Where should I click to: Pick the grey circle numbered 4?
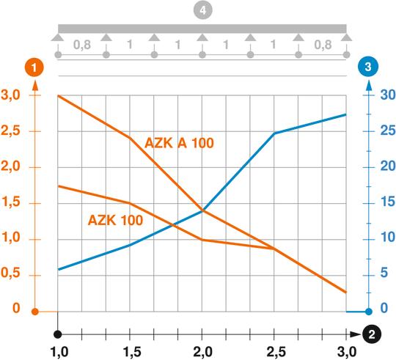tap(200, 12)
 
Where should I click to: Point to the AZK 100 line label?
tap(115, 218)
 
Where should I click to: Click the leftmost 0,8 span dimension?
tap(82, 45)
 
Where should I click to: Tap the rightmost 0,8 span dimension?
tap(323, 45)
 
